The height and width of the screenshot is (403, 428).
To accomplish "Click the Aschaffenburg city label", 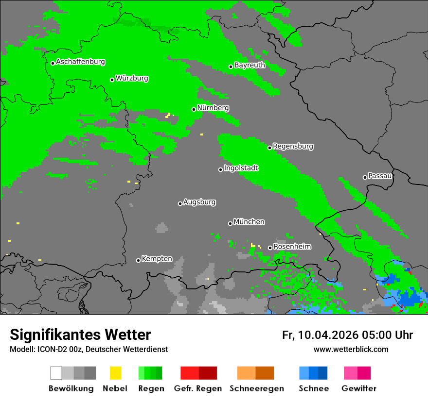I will click(80, 62).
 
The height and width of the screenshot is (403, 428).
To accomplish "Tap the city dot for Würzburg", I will click(112, 80).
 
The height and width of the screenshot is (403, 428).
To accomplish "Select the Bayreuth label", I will click(250, 65).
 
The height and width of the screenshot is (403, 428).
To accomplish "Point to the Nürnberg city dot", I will click(194, 109).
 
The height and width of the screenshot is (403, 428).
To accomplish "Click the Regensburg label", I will click(293, 146).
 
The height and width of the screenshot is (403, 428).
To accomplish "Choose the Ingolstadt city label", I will click(241, 168).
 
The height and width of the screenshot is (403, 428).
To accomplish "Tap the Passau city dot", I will click(365, 177).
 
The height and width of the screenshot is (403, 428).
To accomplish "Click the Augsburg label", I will click(199, 202).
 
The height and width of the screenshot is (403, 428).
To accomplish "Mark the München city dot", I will click(230, 223).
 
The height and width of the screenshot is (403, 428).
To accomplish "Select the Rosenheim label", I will click(292, 247).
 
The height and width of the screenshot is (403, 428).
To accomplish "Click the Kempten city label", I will click(157, 259).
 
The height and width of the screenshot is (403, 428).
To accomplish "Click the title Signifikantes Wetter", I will click(80, 335).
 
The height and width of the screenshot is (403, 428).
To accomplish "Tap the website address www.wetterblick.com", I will click(351, 349).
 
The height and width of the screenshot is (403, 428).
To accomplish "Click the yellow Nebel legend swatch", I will click(115, 373).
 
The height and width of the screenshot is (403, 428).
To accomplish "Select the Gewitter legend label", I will click(359, 388).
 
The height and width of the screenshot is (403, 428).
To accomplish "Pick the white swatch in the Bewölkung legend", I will click(56, 373).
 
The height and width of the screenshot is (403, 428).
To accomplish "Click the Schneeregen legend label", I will click(256, 388).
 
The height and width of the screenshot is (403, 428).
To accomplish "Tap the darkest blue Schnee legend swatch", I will click(323, 373).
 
